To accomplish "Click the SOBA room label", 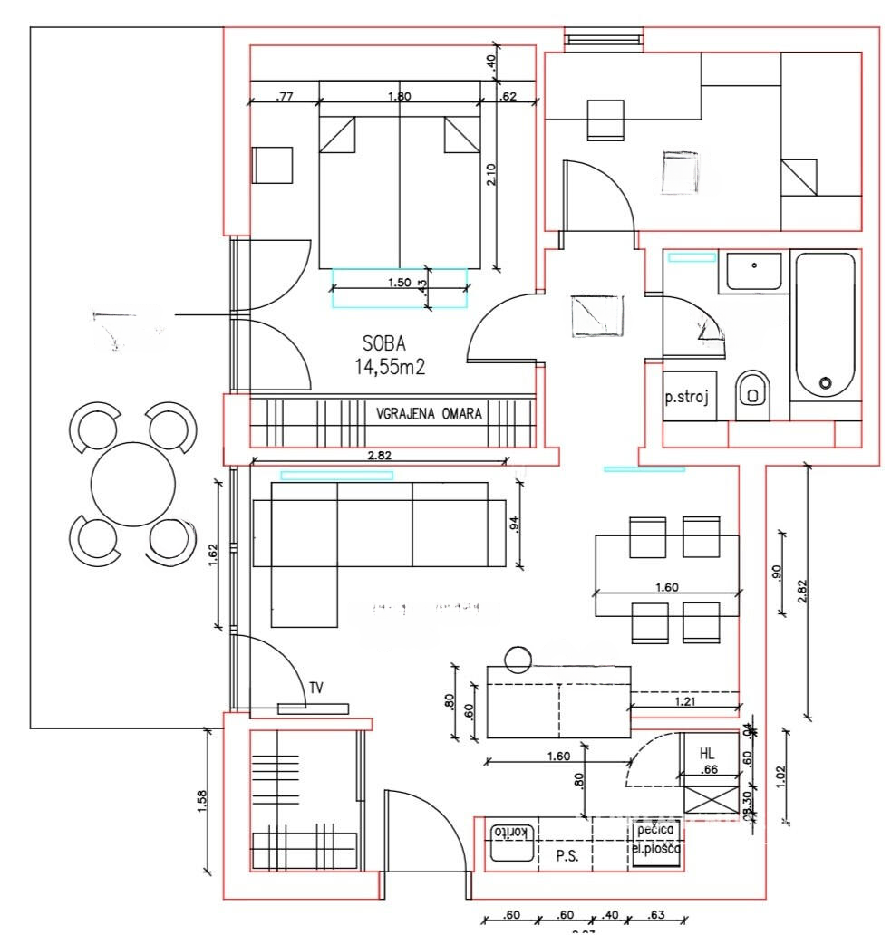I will (x=383, y=344).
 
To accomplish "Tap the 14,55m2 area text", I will (x=392, y=367).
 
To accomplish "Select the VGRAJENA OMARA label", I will (x=430, y=413).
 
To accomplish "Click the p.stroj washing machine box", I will (x=685, y=396).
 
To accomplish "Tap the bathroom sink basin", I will (x=753, y=271).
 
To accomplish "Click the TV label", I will (x=315, y=689).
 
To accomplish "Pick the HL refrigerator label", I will (x=707, y=753).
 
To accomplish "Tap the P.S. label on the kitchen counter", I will (x=562, y=854).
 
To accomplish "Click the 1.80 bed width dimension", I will (x=399, y=95).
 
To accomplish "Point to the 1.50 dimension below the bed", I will (x=399, y=282).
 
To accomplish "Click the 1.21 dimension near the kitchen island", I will (x=684, y=699).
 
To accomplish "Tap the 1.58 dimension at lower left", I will (x=201, y=801).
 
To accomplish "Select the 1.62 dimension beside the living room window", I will (x=212, y=554).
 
